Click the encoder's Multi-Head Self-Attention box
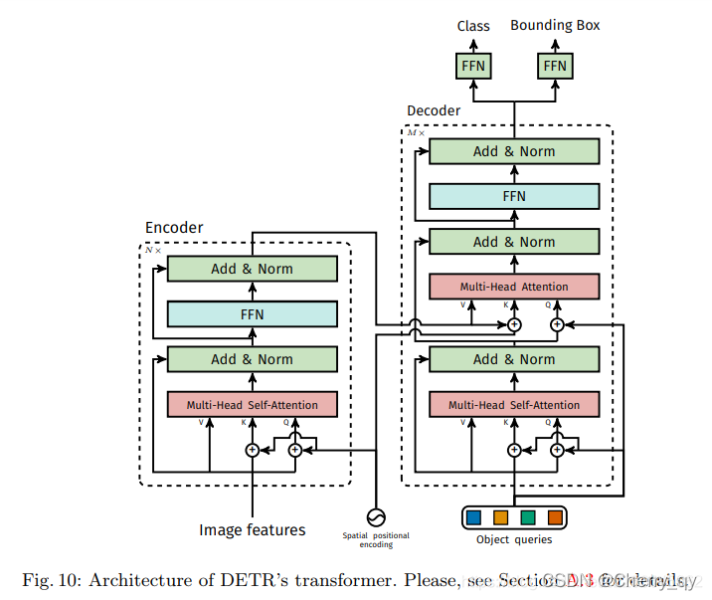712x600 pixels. coord(253,405)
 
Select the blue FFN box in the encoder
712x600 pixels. coord(253,313)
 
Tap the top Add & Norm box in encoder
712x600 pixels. coord(253,269)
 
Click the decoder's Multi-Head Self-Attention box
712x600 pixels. coord(514,405)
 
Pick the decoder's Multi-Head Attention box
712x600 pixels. coord(514,287)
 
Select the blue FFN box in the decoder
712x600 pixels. coord(514,197)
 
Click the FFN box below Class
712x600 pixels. coord(473,67)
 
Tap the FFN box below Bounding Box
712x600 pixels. coord(555,67)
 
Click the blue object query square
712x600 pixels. coord(473,517)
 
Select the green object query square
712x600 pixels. coord(528,517)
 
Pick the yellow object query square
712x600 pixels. coord(500,517)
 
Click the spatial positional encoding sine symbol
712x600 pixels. coord(376,517)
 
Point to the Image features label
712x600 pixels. coord(253,530)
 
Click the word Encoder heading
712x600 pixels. coord(174,228)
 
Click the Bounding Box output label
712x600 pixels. coord(555,25)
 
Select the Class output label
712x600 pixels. coord(473,26)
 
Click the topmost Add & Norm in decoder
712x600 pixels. coord(514,151)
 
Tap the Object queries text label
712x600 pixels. coord(514,540)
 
